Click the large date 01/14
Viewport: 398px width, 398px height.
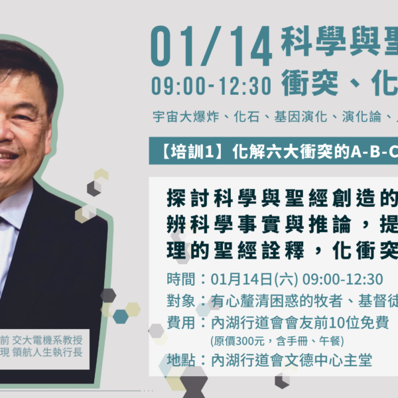[211, 46]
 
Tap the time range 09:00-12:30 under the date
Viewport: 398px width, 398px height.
[211, 86]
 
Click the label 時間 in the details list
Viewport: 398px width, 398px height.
[180, 279]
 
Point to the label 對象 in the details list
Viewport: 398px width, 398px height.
[180, 300]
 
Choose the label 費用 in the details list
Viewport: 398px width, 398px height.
[180, 322]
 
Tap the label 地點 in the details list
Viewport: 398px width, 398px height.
[180, 360]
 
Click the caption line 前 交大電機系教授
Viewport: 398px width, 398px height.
[41, 340]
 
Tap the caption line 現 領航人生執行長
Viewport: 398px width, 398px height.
[41, 352]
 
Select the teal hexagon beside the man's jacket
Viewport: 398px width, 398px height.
[121, 316]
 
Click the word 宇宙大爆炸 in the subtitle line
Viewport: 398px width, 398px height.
[186, 117]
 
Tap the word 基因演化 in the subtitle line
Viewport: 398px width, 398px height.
[300, 117]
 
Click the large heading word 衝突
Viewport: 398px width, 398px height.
[310, 83]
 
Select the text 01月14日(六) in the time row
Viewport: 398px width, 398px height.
[254, 279]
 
